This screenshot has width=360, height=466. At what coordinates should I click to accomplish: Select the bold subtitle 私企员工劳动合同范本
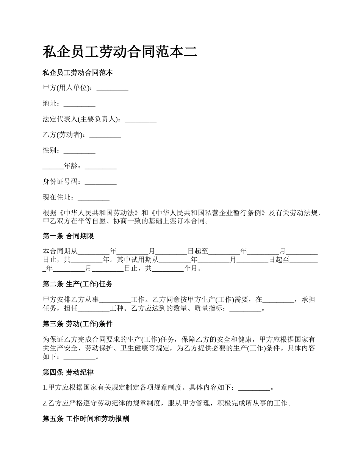click(x=78, y=72)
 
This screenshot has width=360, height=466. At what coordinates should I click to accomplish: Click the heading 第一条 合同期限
click(x=68, y=236)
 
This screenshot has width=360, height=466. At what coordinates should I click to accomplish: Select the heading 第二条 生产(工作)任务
click(x=78, y=284)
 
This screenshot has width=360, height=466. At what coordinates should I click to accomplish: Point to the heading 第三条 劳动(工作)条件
click(x=78, y=324)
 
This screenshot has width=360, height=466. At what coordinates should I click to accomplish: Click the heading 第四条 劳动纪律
click(x=68, y=372)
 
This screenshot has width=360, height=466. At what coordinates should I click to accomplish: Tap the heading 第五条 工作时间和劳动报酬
click(x=86, y=419)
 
